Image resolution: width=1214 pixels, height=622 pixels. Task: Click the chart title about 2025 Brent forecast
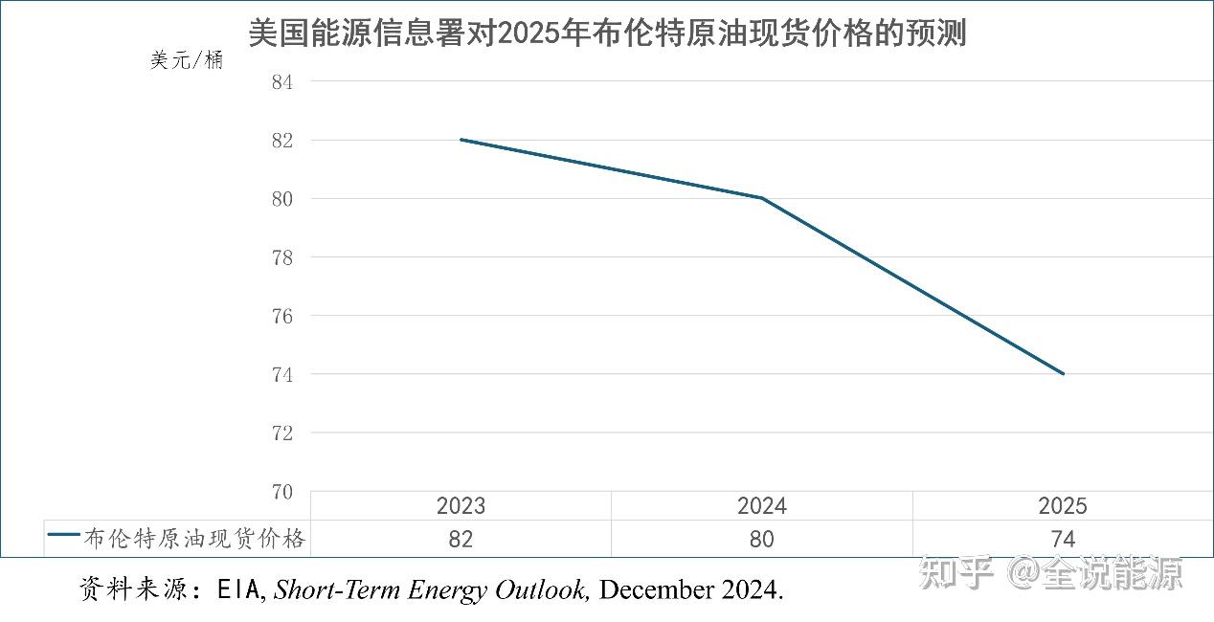pyautogui.click(x=607, y=33)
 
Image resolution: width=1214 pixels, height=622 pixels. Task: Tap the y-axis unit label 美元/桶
pyautogui.click(x=187, y=60)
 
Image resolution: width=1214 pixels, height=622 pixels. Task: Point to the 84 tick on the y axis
pyautogui.click(x=281, y=82)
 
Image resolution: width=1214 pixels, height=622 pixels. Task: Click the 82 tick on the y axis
pyautogui.click(x=281, y=141)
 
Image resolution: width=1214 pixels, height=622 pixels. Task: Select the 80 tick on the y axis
pyautogui.click(x=281, y=199)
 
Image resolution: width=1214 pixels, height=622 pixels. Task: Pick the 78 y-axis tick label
pyautogui.click(x=281, y=257)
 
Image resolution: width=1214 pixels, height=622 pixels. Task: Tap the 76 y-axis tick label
pyautogui.click(x=281, y=316)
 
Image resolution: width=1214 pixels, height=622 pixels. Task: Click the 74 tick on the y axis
pyautogui.click(x=281, y=374)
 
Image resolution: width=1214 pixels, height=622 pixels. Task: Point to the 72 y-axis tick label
pyautogui.click(x=281, y=433)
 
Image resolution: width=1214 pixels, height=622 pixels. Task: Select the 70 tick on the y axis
pyautogui.click(x=281, y=491)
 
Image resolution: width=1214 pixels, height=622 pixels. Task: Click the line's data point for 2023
pyautogui.click(x=461, y=140)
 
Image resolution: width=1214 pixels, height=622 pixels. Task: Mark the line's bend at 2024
pyautogui.click(x=762, y=198)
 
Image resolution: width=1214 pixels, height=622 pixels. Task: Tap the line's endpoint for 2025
pyautogui.click(x=1063, y=373)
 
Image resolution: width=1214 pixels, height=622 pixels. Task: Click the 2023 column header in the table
pyautogui.click(x=461, y=506)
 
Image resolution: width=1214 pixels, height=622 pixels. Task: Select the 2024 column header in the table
pyautogui.click(x=761, y=506)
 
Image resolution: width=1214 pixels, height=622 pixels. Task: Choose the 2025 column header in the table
pyautogui.click(x=1063, y=506)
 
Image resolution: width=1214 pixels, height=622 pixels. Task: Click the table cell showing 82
pyautogui.click(x=461, y=540)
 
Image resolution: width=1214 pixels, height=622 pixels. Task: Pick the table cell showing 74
pyautogui.click(x=1063, y=540)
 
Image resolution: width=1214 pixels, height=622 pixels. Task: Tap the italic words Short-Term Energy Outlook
pyautogui.click(x=430, y=590)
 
